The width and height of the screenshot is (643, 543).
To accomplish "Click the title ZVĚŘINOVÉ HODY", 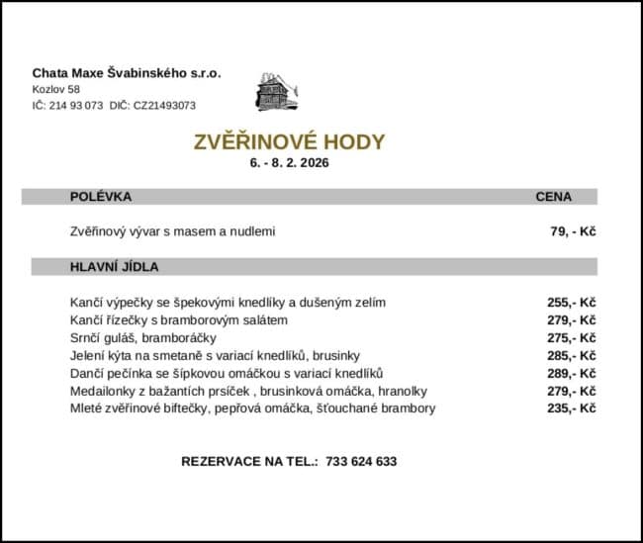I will coord(290,141).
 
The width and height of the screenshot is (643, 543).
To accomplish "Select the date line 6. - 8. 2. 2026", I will coord(290,162).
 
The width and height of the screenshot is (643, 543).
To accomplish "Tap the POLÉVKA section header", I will coord(101,197).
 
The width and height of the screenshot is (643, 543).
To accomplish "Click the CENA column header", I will coord(553,197).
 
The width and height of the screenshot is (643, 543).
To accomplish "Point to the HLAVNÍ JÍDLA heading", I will coord(115,267).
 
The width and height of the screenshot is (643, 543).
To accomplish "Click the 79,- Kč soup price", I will coord(573,231).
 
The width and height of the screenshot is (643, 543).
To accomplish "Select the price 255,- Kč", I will coord(571,302).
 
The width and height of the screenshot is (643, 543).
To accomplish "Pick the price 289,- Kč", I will coord(571,373).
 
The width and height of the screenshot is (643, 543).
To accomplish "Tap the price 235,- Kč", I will coord(571,408).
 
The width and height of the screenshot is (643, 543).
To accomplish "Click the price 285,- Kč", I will coord(571,355).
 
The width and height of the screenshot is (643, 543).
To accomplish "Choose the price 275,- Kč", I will coord(571,337).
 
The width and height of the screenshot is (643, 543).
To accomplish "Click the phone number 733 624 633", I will coord(360,462).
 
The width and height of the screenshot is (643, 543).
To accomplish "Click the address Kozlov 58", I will coord(55,89).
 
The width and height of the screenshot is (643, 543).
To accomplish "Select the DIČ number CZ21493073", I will coord(164,105).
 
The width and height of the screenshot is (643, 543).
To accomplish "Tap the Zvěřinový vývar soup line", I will coord(172,231).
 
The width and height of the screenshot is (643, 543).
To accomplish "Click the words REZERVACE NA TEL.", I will coord(249,462).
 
